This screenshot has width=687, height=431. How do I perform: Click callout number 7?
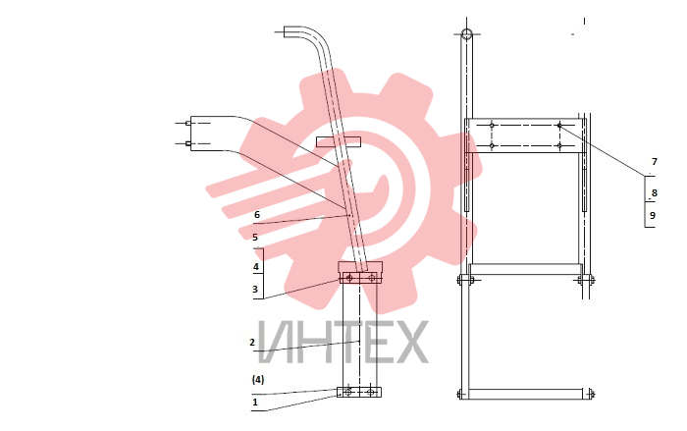point(655,162)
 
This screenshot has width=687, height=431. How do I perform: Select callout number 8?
point(655,193)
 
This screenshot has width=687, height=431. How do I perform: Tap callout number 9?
point(653,216)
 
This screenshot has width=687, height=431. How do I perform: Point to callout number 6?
point(257,215)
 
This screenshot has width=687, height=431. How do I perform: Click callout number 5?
point(255,238)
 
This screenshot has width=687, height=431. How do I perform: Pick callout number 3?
point(255,290)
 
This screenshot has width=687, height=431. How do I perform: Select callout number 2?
point(252,342)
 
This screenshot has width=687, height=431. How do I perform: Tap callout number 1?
point(255,403)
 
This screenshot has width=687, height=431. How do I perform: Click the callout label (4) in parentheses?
point(258,380)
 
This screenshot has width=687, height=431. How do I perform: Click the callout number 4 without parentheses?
point(256,267)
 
